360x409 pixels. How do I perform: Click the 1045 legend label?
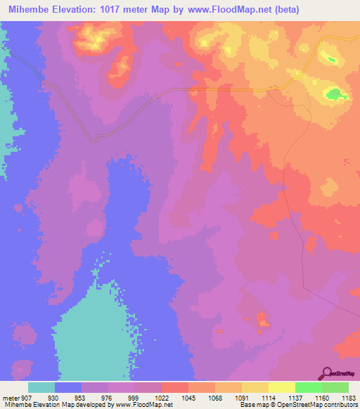tap(186, 398)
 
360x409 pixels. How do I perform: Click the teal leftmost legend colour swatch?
tap(41, 387)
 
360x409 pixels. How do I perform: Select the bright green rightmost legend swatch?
tap(335, 387)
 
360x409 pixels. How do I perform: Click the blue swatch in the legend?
tap(68, 387)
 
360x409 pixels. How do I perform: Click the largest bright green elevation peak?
tap(334, 93)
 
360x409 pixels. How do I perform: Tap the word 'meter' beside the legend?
tap(10, 398)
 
